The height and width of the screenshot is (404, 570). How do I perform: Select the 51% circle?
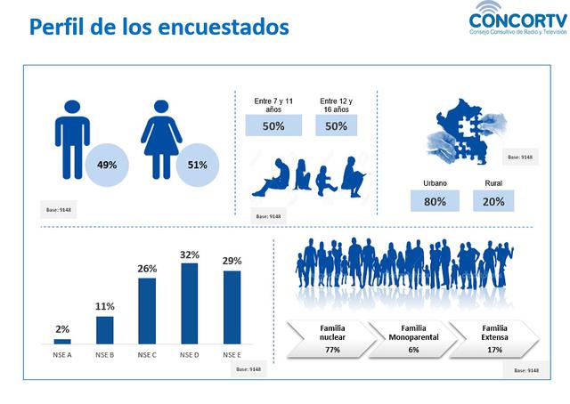tap(197, 165)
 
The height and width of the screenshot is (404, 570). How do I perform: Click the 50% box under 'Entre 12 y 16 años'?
tap(336, 126)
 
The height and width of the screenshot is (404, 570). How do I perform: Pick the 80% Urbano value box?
tap(435, 201)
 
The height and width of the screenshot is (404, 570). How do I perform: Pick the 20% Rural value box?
tap(493, 201)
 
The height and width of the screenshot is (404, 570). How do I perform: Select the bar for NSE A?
tap(62, 341)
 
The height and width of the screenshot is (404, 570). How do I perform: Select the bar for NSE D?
tap(189, 303)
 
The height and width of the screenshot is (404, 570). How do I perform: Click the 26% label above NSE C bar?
tap(147, 269)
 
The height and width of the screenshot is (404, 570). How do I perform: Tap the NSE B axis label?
tap(104, 355)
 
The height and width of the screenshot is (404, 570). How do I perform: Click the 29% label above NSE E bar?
tap(232, 262)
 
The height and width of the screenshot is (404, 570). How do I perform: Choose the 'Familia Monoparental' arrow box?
tap(413, 339)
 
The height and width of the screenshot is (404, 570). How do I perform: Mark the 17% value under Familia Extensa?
tap(494, 351)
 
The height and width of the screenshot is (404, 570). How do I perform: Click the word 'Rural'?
tap(493, 182)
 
